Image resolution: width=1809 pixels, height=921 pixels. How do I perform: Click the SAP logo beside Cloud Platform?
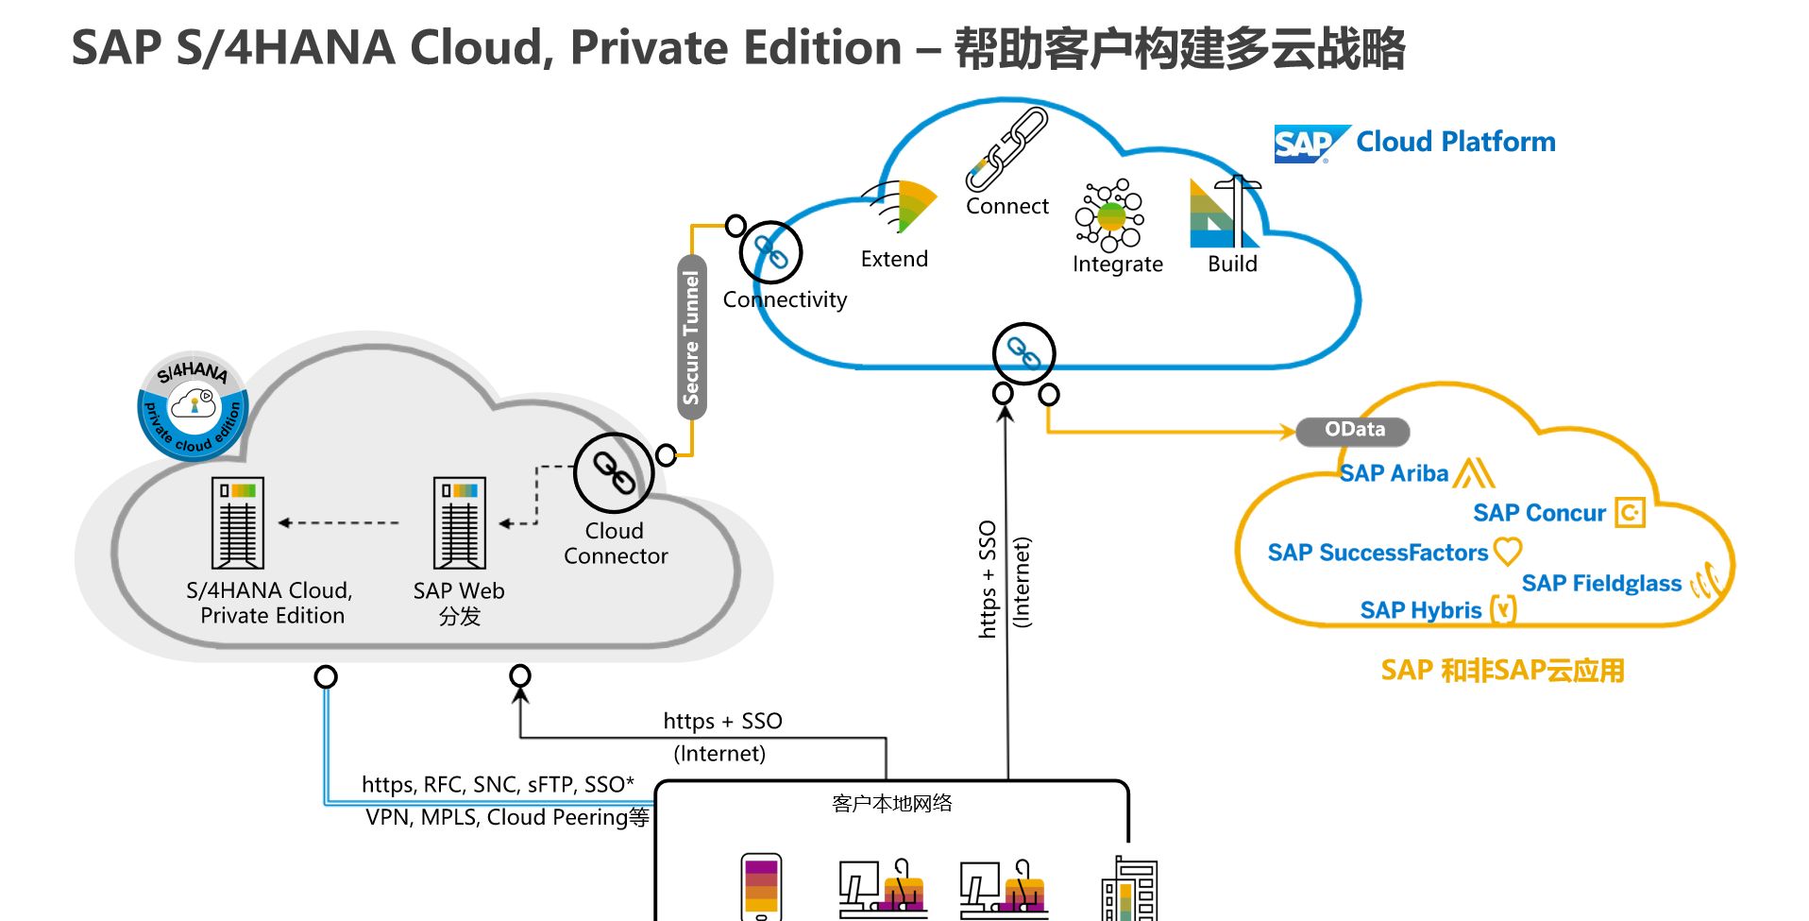1310,144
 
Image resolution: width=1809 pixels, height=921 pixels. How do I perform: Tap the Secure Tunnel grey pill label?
692,337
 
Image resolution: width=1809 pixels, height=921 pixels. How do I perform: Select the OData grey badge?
1353,431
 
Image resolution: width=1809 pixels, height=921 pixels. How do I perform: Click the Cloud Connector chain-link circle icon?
614,472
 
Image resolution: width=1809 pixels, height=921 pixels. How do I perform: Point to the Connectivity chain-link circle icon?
771,252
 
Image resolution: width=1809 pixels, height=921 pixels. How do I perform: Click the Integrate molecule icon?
1110,215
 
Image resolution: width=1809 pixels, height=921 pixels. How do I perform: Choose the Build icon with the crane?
1225,212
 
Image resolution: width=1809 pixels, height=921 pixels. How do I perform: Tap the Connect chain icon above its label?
1007,149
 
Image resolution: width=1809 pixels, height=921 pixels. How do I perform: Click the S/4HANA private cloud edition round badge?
194,407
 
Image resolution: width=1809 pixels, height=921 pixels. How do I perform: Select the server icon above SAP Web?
460,522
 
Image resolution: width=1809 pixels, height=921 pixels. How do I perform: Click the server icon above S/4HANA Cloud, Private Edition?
238,522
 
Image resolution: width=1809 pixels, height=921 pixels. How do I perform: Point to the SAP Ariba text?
1394,473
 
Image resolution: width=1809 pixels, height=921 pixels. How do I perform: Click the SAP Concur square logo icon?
1630,512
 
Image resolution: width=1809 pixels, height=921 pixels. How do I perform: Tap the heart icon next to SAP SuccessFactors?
1508,551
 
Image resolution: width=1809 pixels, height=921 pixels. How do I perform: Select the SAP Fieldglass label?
1601,583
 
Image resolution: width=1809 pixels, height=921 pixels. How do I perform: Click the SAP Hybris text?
1420,610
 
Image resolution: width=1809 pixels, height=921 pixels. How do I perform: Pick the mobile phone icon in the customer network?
761,886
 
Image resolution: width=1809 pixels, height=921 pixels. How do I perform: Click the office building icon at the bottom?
1129,889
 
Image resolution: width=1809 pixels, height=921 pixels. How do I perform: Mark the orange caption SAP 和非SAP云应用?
1502,671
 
